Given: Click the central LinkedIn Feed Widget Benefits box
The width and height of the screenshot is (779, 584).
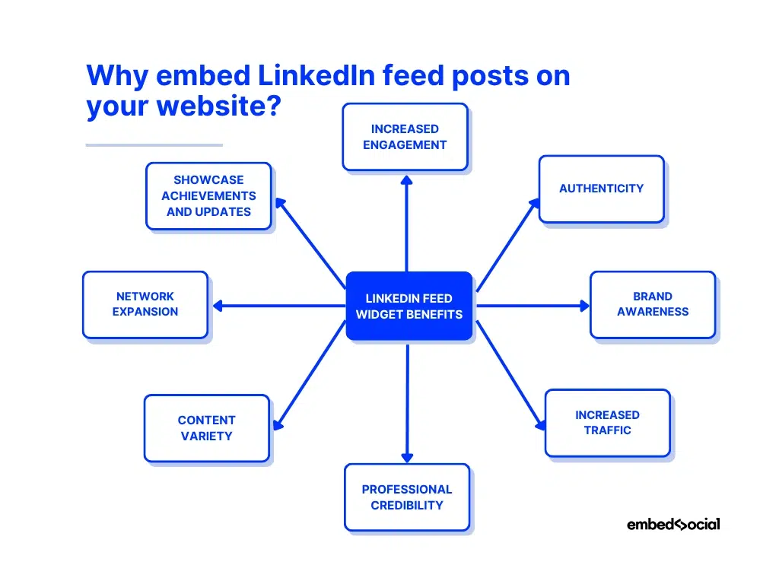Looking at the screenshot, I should click(409, 306).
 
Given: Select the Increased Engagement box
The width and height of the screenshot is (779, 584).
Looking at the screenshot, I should click(405, 137).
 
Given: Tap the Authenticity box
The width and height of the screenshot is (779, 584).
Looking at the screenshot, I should click(601, 189).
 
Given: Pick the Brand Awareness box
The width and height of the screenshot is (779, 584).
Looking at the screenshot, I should click(653, 304).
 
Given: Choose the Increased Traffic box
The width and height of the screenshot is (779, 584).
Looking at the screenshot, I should click(607, 423).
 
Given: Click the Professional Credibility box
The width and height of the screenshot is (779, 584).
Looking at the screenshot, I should click(407, 497).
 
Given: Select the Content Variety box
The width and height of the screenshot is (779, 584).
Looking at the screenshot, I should click(206, 428).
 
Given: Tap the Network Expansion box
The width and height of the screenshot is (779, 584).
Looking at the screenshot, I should click(145, 304).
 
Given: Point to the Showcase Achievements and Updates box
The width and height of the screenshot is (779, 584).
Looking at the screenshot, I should click(208, 196).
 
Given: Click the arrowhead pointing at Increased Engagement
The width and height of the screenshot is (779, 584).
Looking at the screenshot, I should click(407, 180).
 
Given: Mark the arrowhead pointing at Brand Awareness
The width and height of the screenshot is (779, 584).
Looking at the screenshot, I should click(584, 306).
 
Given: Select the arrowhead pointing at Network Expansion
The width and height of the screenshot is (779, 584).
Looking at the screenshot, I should click(217, 306).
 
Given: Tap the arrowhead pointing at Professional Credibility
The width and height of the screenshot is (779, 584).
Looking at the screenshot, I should click(407, 457).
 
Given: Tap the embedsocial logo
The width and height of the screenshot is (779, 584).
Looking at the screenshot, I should click(672, 524).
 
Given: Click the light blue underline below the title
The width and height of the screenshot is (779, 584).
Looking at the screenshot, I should click(154, 144).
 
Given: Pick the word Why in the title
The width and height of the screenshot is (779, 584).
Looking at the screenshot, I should click(116, 76).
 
